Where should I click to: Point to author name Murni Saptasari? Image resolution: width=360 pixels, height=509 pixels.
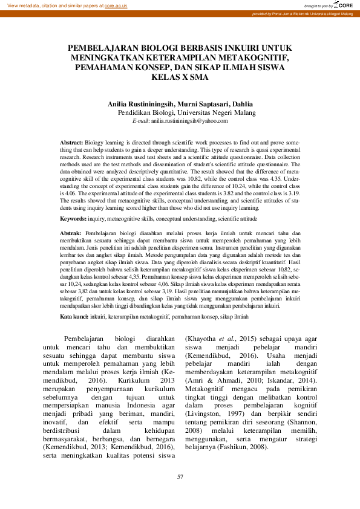202,104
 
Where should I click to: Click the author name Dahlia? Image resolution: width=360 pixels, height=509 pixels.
241,104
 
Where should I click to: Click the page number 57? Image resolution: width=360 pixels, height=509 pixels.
180,478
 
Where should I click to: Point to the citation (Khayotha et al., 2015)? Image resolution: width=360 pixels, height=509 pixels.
214,339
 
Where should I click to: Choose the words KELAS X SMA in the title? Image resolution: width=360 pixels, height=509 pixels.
180,77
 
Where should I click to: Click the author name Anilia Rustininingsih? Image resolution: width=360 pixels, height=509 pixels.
140,104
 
